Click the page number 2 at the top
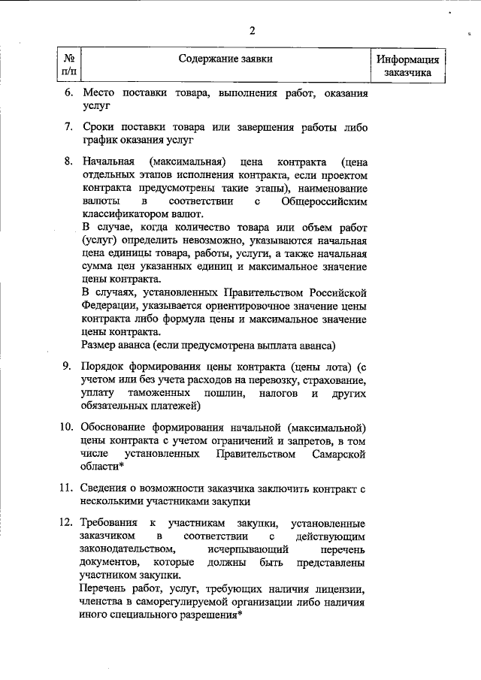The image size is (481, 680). (x=253, y=31)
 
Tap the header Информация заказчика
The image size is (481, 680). (x=407, y=66)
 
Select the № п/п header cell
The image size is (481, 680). (x=68, y=65)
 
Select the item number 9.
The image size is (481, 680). (x=66, y=367)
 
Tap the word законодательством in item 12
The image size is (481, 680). (x=125, y=549)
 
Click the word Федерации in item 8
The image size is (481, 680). (x=108, y=305)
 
